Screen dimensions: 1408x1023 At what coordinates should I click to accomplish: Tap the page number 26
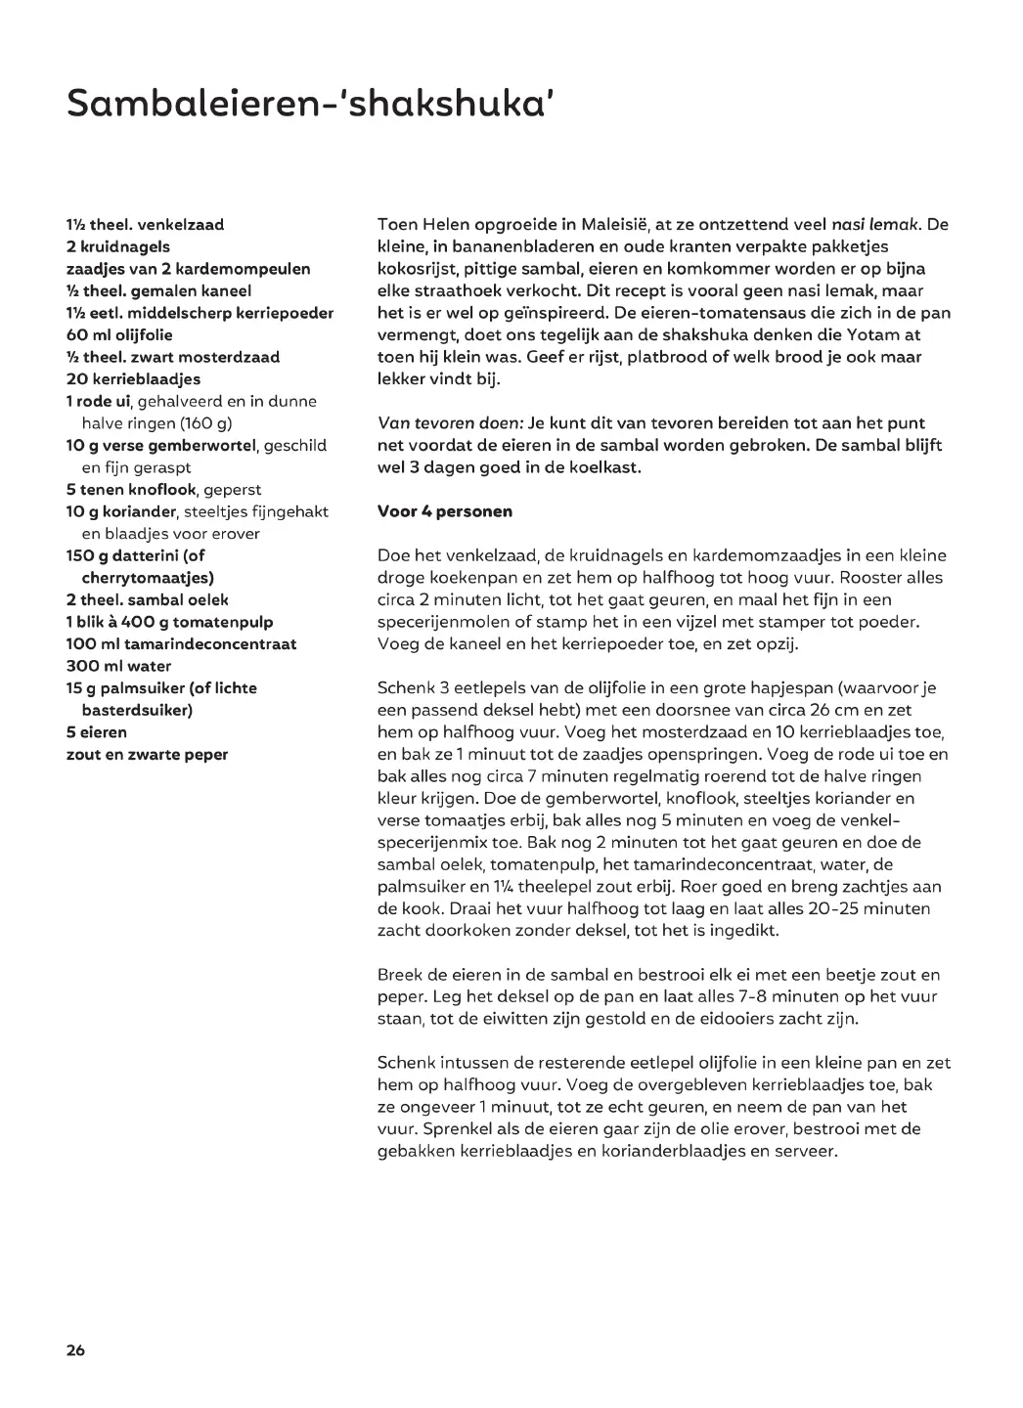[x=75, y=1350]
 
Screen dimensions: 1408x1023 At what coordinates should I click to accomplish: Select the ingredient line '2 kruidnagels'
[x=118, y=246]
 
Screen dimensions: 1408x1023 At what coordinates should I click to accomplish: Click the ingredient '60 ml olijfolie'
[x=119, y=334]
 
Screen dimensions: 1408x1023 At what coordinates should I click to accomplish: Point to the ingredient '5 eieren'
[x=97, y=731]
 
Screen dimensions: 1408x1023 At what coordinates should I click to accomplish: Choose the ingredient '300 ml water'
[x=118, y=666]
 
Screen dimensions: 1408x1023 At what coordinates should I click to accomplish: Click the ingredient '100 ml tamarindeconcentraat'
[x=181, y=643]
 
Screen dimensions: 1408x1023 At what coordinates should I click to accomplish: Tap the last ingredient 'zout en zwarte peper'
[x=147, y=754]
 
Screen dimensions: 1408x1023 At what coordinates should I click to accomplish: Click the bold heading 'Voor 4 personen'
[x=445, y=511]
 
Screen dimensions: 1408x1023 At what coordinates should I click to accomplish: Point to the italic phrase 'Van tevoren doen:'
[x=450, y=423]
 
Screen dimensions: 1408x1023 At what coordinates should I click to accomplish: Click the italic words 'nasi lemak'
[x=874, y=224]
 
